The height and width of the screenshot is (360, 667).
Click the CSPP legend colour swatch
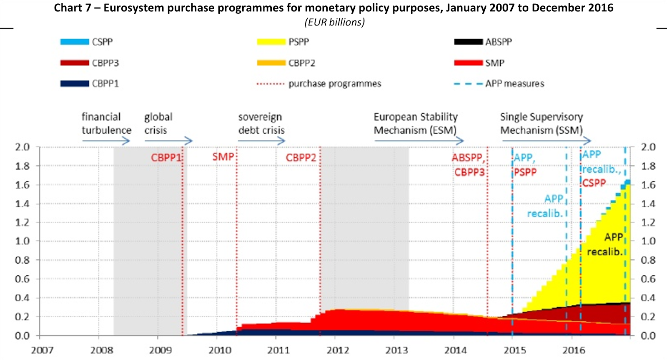(75, 42)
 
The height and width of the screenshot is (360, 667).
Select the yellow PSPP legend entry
(271, 42)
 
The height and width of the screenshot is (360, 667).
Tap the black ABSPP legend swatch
(468, 42)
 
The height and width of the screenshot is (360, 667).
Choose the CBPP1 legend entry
(75, 84)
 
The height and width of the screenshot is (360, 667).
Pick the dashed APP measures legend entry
(468, 84)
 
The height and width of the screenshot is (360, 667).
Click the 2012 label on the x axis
(337, 350)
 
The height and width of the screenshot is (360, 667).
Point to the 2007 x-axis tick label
(42, 350)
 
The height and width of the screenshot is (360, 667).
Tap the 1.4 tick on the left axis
(22, 204)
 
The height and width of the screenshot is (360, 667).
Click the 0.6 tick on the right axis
(648, 279)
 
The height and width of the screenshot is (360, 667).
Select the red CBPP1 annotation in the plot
(166, 158)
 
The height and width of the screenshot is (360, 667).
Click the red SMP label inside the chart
(223, 157)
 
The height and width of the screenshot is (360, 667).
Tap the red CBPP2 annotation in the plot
(301, 158)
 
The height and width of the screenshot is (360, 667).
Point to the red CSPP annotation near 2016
(594, 183)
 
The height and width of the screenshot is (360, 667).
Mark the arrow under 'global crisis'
(168, 141)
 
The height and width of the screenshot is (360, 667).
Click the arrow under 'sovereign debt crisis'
(261, 141)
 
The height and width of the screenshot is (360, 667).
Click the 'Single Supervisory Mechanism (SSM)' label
(542, 123)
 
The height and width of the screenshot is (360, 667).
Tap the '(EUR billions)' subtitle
(335, 22)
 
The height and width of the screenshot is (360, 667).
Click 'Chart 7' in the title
(72, 8)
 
